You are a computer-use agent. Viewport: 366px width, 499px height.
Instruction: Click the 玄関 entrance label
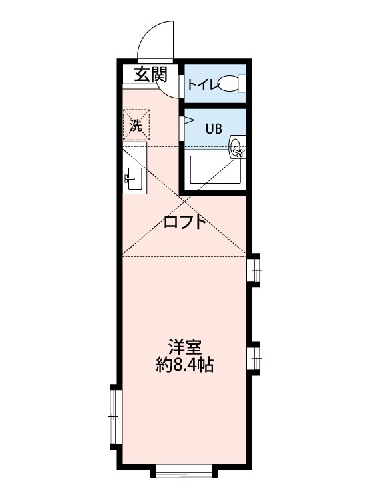tap(150, 74)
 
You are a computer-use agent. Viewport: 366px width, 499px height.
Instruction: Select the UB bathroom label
tap(213, 129)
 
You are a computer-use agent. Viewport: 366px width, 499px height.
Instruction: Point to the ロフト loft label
tap(185, 222)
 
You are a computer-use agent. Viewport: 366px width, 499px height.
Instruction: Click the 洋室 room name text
tap(184, 348)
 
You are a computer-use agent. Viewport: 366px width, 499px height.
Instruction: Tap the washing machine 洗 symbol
tap(136, 126)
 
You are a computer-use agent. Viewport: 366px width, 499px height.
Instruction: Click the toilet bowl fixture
tap(231, 84)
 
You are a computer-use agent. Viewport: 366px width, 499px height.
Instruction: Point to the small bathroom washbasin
tap(236, 148)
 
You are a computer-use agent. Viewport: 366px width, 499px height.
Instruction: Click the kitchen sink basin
tap(134, 178)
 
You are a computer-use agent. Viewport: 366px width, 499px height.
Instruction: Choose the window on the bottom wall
tap(184, 474)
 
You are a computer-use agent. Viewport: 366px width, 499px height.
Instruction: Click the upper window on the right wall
tap(256, 270)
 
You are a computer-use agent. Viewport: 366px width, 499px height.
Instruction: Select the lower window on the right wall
tap(256, 357)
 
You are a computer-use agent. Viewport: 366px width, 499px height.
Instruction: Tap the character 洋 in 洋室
tap(176, 348)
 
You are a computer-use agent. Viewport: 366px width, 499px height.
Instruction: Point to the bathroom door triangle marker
tap(188, 121)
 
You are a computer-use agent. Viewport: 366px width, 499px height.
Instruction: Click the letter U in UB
tap(208, 129)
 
